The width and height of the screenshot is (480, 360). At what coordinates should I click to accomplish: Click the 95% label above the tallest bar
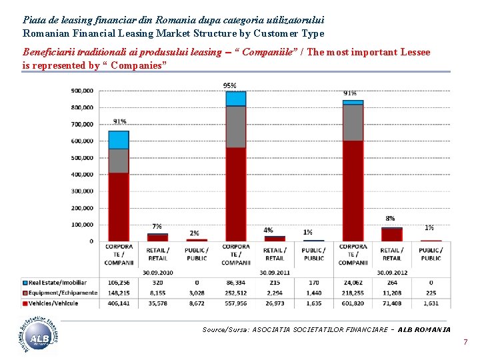point(230,85)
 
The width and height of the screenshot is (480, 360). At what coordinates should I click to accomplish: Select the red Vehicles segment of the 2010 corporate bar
point(119,207)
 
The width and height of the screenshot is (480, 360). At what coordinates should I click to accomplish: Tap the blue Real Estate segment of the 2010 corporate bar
point(119,139)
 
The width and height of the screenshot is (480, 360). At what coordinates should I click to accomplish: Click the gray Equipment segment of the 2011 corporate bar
point(235,127)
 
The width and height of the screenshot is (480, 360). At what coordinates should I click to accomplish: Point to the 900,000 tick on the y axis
point(83,91)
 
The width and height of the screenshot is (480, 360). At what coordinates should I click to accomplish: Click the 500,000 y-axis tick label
point(83,158)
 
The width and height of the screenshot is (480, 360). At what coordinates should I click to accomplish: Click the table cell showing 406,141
point(119,303)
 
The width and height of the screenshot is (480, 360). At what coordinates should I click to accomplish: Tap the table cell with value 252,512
point(235,293)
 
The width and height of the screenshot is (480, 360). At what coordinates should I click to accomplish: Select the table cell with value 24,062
point(353,282)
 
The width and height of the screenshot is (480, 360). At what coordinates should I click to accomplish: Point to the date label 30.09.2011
point(274,272)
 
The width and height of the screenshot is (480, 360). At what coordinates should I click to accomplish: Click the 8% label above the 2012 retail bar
point(390,218)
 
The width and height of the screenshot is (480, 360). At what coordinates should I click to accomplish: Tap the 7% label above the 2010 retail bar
point(157,226)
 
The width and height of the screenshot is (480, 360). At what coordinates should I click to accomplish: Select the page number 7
point(465,343)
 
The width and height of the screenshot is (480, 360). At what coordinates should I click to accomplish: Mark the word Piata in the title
point(34,21)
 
